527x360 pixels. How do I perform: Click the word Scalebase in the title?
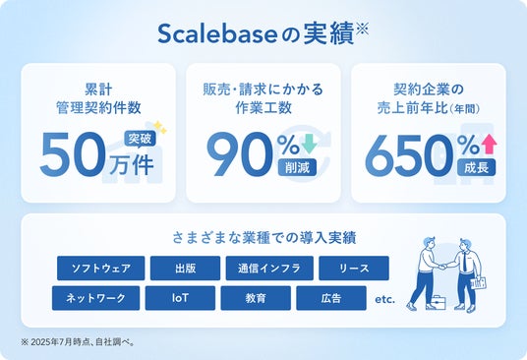[x=217, y=34]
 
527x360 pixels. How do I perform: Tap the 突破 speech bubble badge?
[x=140, y=139]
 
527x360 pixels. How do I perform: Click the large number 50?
[x=73, y=154]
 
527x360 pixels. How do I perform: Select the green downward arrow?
[x=309, y=144]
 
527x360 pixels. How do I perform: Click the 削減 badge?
[x=297, y=167]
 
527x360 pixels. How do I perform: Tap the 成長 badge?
[x=476, y=167]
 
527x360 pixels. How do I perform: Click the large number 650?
[x=411, y=156]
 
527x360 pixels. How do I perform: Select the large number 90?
[x=240, y=154]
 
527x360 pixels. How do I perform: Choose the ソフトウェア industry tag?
[x=101, y=269]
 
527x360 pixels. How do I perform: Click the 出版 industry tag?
[x=185, y=269]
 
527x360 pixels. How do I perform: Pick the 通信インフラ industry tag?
[x=269, y=269]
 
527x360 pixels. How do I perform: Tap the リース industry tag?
[x=354, y=269]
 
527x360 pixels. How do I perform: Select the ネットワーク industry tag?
[x=95, y=298]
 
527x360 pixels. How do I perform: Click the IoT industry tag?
[x=180, y=298]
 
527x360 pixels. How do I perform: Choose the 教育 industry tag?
[x=256, y=298]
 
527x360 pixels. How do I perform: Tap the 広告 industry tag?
[x=331, y=298]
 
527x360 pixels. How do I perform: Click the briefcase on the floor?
[x=438, y=303]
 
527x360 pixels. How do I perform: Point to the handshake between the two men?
[x=443, y=267]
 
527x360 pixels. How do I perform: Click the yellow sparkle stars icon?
[x=160, y=128]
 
